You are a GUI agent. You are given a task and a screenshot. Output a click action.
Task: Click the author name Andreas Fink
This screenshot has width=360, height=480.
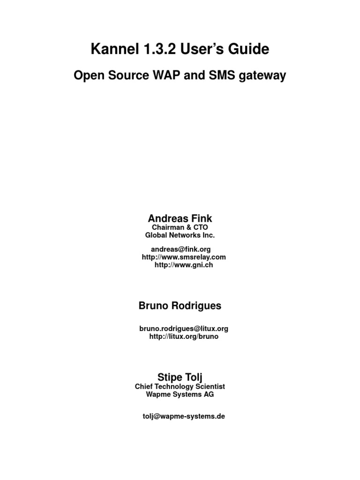pos(180,218)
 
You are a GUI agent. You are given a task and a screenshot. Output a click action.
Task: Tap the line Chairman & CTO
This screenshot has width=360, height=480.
pos(180,227)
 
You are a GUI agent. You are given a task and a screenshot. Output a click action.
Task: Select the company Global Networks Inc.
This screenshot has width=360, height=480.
pos(180,235)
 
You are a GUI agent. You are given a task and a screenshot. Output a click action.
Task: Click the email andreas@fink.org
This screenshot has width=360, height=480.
pos(180,250)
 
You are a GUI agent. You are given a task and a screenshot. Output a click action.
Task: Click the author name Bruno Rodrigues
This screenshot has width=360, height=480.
pos(180,306)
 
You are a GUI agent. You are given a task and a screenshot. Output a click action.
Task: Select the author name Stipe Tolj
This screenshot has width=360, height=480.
pos(180,377)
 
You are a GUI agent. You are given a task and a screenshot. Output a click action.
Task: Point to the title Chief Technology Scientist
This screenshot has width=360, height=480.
pos(180,386)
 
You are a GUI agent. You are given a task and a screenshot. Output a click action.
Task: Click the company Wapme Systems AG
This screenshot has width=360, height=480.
pos(180,394)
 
